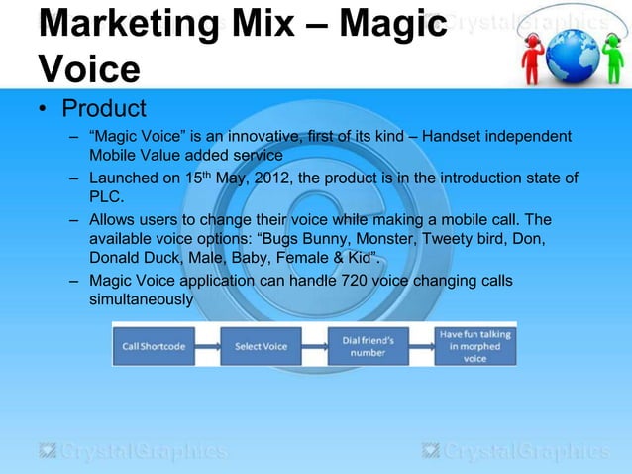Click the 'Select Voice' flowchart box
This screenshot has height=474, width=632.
pos(261,346)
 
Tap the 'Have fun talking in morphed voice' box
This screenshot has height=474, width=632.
pos(474,346)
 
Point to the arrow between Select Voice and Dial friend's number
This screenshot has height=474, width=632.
pos(315,346)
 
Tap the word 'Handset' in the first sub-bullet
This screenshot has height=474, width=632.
pos(455,135)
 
